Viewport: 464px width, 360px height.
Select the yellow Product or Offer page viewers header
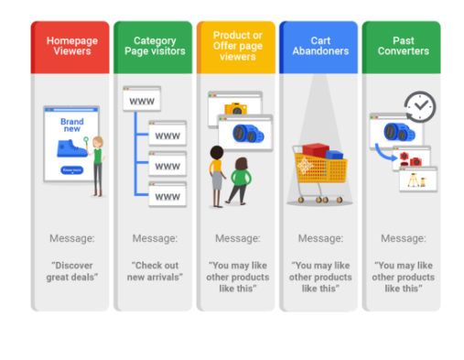click(236, 47)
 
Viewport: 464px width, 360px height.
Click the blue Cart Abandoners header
click(319, 47)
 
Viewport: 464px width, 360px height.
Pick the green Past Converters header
click(402, 47)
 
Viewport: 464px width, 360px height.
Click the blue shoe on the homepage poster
click(70, 149)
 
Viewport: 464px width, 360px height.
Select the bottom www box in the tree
click(167, 195)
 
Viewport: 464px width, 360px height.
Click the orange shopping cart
click(318, 171)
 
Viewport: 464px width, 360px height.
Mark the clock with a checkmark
click(420, 106)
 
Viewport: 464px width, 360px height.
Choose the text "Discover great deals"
click(72, 271)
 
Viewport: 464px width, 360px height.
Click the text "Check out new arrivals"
click(155, 271)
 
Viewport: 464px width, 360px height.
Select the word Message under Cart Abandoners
click(320, 238)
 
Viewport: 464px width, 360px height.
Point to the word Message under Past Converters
click(403, 238)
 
